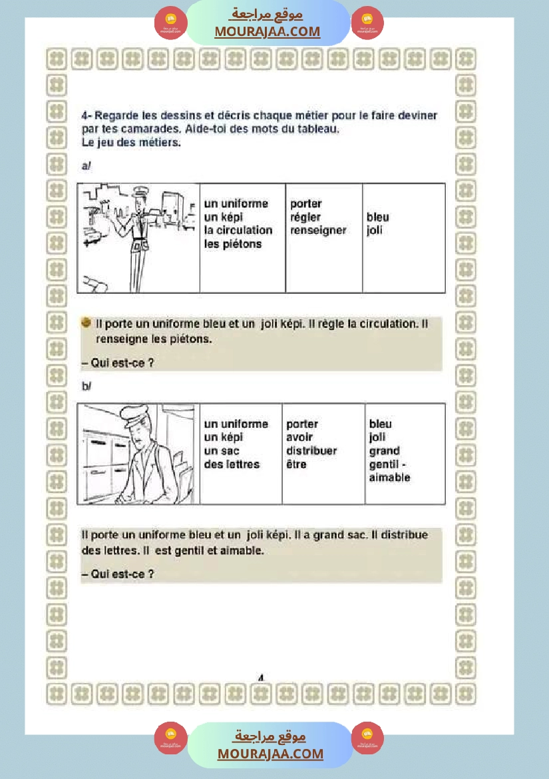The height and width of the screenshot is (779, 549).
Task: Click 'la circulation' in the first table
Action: [238, 231]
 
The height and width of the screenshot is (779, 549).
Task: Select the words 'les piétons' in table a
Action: [233, 244]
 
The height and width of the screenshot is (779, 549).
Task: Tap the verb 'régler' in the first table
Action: [305, 217]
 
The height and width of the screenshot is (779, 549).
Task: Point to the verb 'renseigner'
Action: [318, 231]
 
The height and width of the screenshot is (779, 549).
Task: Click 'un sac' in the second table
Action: [222, 451]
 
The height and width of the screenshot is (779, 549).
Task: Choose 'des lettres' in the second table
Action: [232, 464]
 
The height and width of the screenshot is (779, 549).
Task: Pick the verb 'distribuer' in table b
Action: [311, 451]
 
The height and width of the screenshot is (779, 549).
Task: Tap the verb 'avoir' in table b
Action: [299, 438]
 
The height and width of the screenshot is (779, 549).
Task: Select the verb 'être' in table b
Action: [296, 464]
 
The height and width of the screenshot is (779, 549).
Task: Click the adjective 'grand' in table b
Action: [385, 451]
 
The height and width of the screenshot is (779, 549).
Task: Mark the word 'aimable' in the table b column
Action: [389, 478]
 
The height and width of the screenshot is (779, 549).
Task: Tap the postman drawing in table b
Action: [138, 454]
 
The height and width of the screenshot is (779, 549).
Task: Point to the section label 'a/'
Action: [86, 166]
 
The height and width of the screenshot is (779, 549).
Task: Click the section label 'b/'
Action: [86, 386]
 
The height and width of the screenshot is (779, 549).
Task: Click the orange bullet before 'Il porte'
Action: [87, 323]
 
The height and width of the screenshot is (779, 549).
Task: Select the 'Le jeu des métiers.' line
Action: [131, 142]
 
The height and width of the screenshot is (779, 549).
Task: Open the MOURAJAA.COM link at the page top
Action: [267, 31]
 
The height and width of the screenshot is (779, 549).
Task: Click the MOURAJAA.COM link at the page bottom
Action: [270, 754]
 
